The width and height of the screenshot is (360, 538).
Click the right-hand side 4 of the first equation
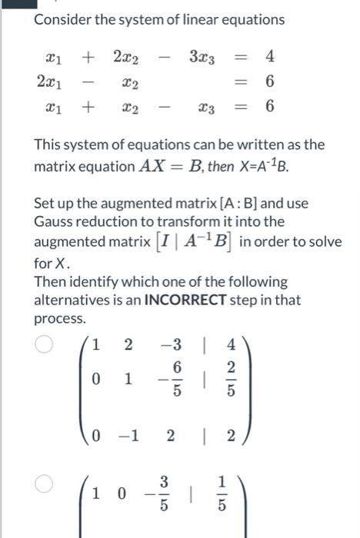269,56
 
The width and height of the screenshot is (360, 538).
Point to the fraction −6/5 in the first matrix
172,380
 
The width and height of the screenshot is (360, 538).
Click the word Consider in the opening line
60,19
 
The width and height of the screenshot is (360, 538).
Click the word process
60,318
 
